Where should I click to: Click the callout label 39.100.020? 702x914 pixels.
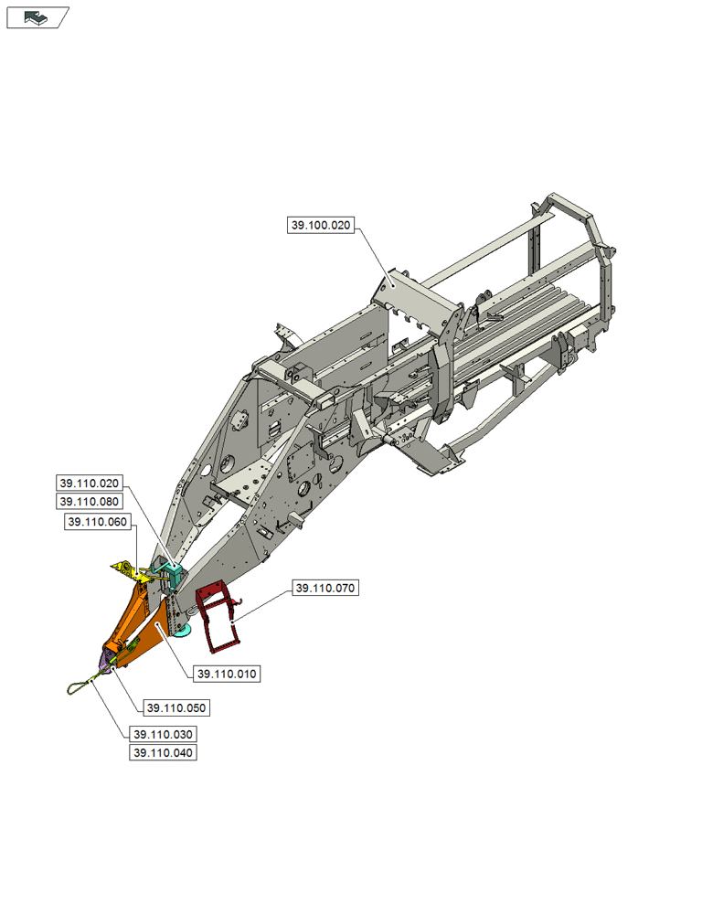point(321,226)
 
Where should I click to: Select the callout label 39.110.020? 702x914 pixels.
point(90,484)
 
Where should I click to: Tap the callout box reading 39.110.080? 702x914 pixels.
point(90,502)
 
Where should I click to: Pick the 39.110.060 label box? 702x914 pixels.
point(98,521)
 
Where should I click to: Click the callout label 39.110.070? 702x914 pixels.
point(324,589)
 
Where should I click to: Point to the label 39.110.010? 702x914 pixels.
point(227,675)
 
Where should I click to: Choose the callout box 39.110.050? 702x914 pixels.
point(176,707)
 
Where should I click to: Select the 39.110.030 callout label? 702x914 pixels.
point(164,735)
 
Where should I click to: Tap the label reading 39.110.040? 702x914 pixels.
point(164,753)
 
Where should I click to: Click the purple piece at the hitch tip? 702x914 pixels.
point(108,660)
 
